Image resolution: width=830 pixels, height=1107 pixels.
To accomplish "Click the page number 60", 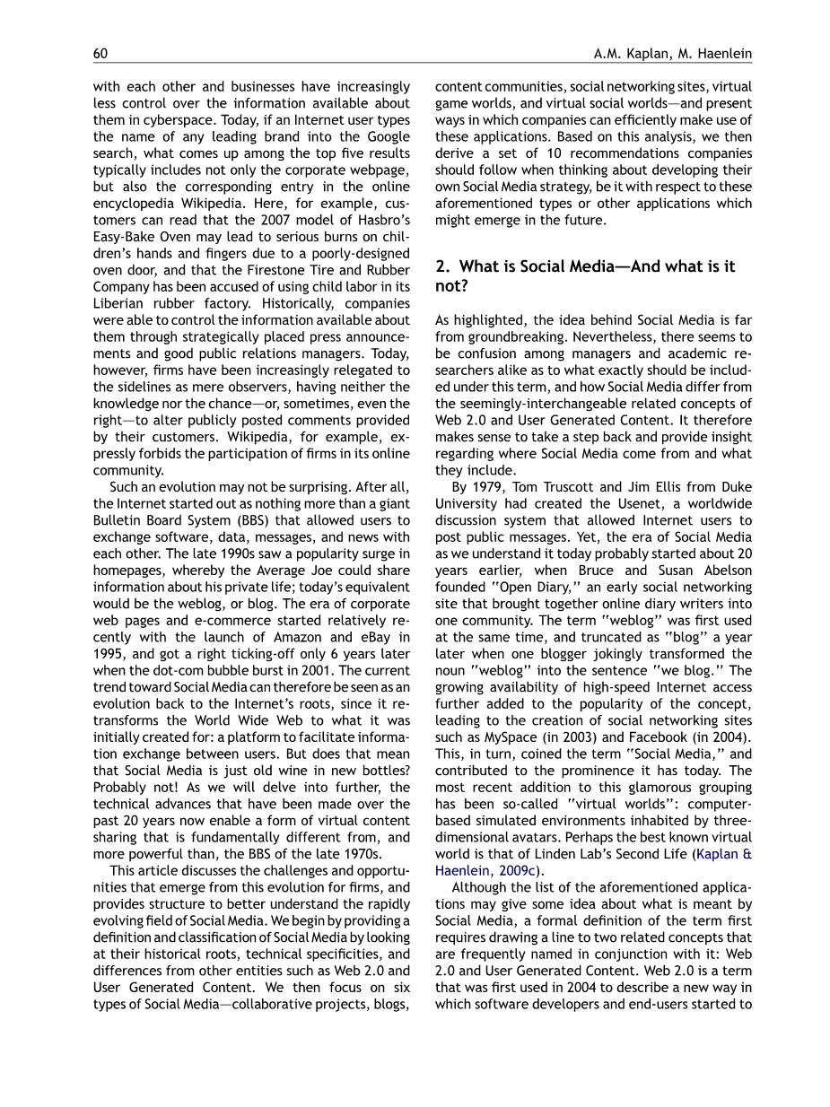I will [x=100, y=54].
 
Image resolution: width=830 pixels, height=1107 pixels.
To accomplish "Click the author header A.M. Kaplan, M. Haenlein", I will [x=672, y=54].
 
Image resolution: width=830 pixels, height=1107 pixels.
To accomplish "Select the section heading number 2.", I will [x=441, y=266].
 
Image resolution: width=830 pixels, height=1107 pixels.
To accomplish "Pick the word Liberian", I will [x=123, y=303].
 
